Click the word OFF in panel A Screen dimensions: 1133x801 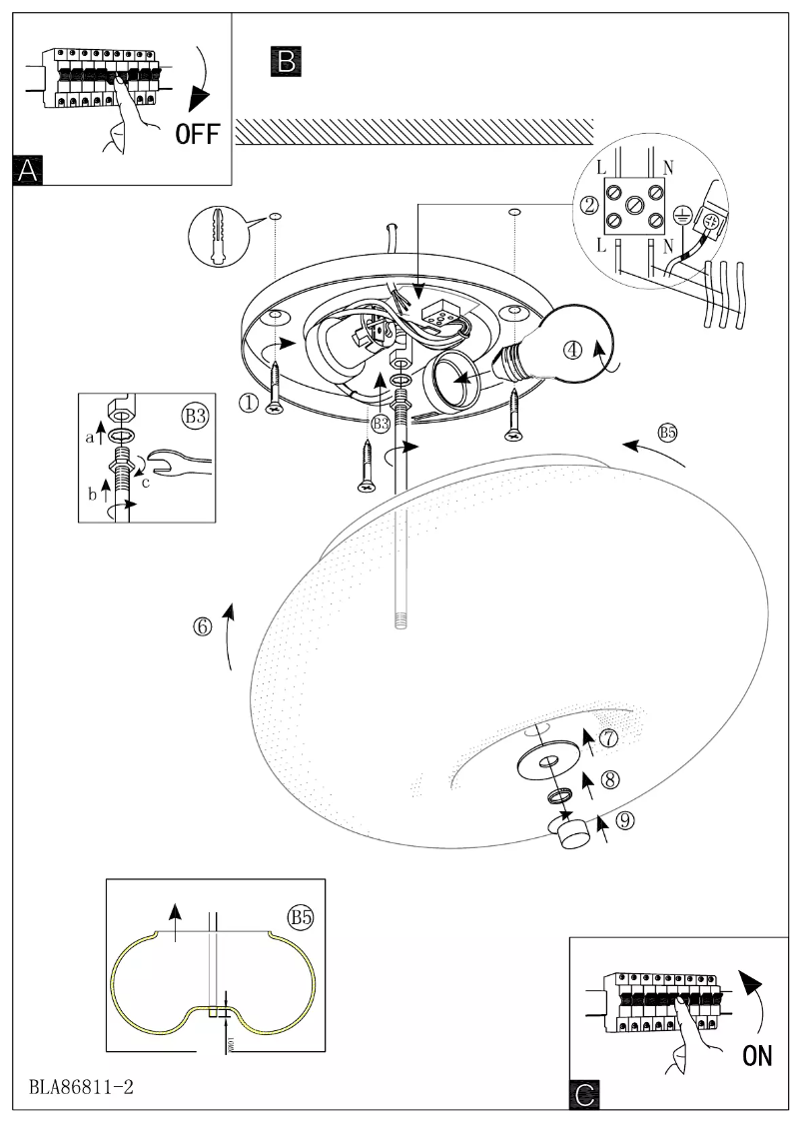197,134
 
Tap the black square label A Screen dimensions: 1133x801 28,170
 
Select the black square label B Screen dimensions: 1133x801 285,61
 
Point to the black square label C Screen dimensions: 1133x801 584,1096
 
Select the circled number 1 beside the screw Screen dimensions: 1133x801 248,402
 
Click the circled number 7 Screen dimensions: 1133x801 609,738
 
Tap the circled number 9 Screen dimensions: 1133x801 625,821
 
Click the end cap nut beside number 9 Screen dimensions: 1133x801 573,830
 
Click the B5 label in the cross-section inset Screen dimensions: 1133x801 301,916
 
